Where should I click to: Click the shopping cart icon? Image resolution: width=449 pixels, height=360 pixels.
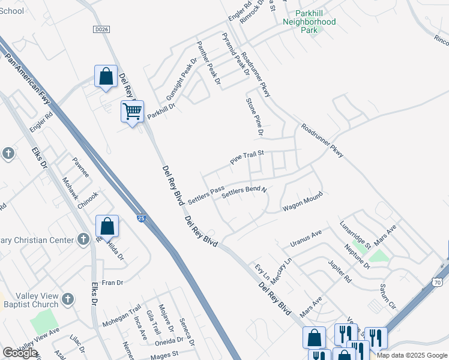132,111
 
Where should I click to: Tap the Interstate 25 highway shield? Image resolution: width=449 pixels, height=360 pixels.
140,219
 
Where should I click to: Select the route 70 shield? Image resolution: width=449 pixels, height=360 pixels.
437,281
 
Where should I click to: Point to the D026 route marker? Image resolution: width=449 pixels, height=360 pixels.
102,29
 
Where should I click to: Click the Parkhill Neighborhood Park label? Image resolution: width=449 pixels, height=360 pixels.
310,21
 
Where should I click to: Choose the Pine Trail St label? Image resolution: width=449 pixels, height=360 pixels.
248,158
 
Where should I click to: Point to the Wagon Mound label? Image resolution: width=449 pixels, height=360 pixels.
303,202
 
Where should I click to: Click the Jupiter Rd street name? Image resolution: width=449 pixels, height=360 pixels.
340,271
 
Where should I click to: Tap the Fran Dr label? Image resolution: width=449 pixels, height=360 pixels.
112,282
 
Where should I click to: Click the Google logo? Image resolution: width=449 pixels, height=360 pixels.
20,352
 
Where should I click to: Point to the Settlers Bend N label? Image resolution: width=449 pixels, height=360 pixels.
244,193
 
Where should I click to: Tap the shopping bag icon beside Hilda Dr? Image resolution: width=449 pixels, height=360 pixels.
107,227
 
